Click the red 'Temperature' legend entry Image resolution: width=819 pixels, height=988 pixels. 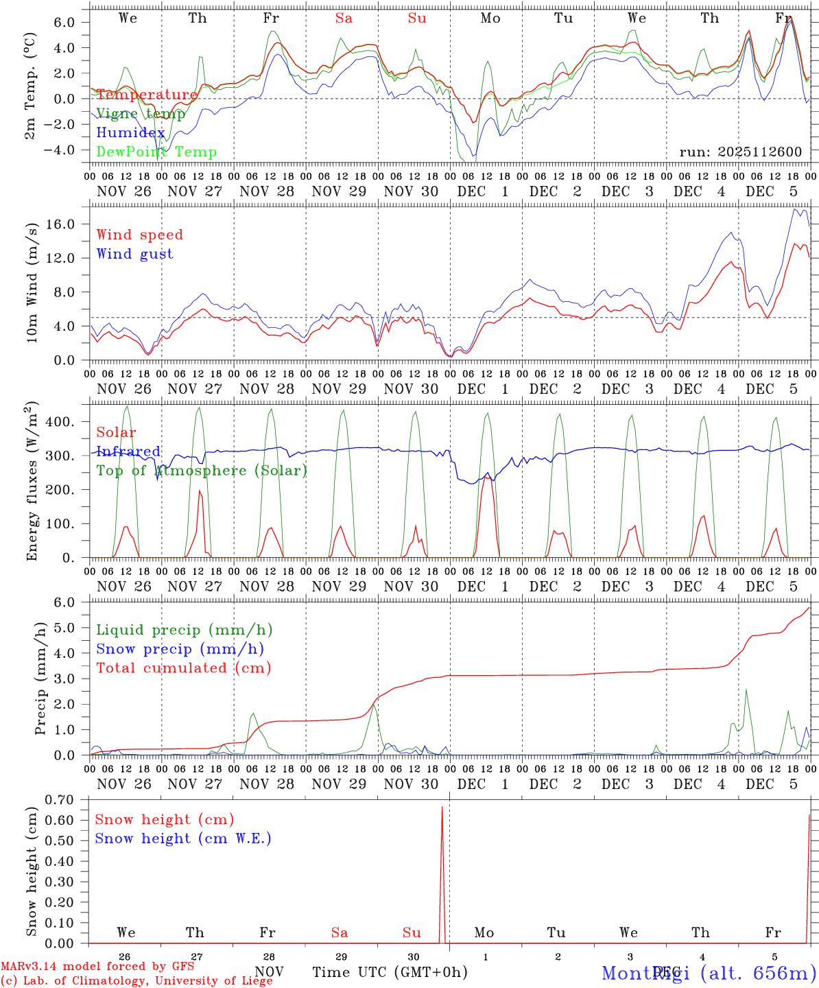147,95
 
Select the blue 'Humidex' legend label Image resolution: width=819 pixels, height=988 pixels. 131,133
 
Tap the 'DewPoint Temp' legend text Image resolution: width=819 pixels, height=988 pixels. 156,152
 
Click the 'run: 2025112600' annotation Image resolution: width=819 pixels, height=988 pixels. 740,152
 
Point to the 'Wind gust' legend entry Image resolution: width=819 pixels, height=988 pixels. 134,254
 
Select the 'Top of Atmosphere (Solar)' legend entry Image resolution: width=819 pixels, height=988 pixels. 202,471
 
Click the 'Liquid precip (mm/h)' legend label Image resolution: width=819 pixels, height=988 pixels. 185,630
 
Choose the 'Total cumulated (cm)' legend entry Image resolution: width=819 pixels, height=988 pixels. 183,668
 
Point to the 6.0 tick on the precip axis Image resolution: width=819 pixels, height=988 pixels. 69,602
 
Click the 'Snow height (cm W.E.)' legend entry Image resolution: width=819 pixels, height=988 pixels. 183,838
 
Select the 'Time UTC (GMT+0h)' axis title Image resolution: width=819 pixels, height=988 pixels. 390,972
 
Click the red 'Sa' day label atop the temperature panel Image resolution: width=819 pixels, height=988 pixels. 344,19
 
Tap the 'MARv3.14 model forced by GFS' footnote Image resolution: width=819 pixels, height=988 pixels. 97,966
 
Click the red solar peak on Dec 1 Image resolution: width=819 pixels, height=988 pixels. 486,477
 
